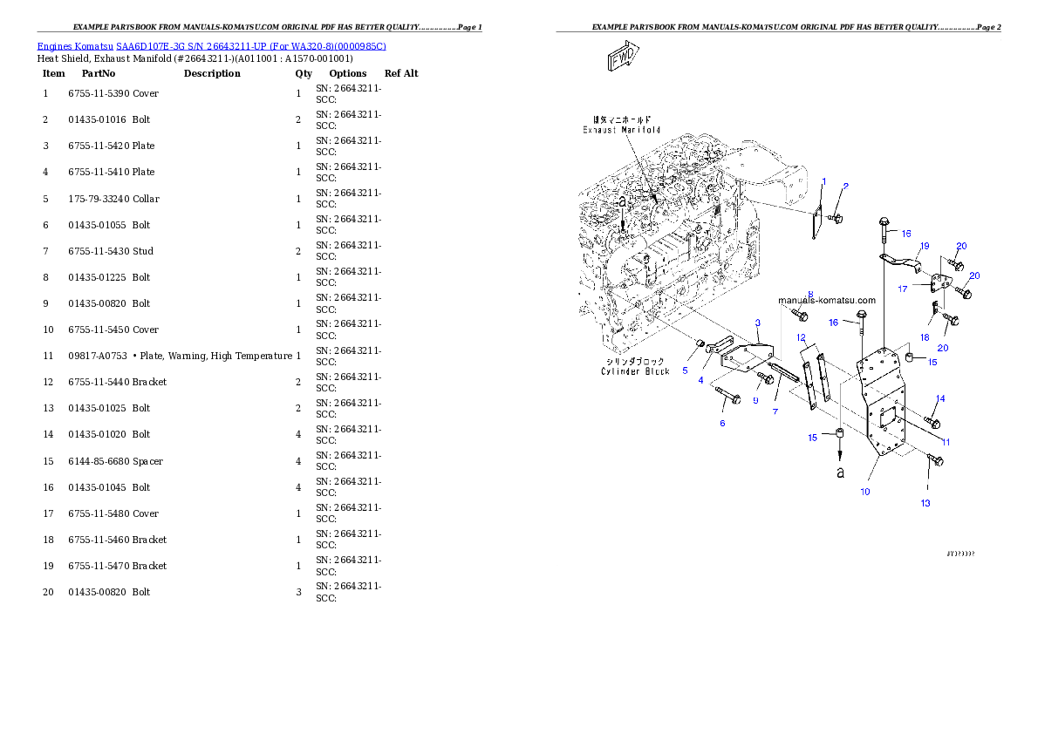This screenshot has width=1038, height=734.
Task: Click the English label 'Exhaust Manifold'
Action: (622, 130)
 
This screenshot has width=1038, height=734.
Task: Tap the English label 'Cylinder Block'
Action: (635, 371)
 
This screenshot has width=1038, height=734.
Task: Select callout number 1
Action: (823, 181)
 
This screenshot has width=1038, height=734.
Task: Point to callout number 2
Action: (845, 186)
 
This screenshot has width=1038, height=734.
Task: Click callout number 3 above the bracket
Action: (758, 323)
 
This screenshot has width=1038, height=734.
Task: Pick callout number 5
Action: (685, 370)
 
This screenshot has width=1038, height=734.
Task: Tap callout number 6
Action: (722, 423)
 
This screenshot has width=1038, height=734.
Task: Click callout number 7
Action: (775, 411)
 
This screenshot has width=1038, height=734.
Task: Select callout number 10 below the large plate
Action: (865, 492)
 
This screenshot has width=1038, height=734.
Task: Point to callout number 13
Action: (925, 503)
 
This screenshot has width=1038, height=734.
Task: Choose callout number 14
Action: (940, 398)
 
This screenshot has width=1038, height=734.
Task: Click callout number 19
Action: (925, 246)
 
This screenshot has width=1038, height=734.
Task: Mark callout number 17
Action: (903, 288)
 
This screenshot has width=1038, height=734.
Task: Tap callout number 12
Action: (801, 336)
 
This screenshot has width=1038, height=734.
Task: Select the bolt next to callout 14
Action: (932, 423)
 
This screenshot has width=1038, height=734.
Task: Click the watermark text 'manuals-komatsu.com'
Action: (827, 301)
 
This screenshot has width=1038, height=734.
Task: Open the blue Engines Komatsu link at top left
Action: (211, 45)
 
